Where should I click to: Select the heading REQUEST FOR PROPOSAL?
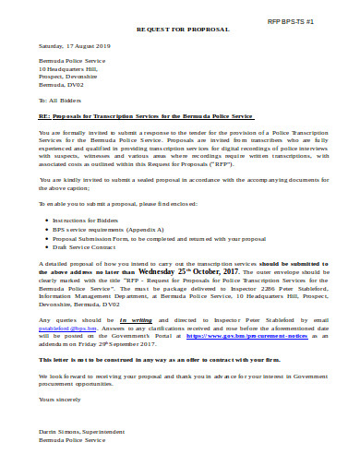pos(182,30)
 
